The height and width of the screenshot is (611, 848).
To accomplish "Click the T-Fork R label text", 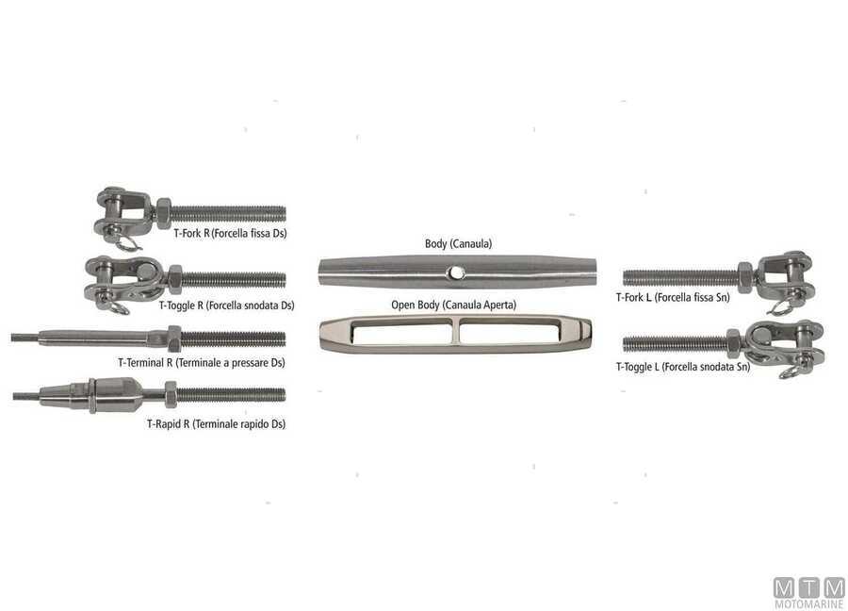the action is pyautogui.click(x=231, y=233).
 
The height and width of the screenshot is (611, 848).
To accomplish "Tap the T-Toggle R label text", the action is pyautogui.click(x=226, y=305).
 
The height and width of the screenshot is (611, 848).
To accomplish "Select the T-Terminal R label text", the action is pyautogui.click(x=202, y=363).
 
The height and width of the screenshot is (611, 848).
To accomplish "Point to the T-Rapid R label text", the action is pyautogui.click(x=216, y=423).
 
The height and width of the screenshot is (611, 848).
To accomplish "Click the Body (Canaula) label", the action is pyautogui.click(x=458, y=243).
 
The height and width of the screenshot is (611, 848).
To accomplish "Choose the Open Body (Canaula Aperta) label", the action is pyautogui.click(x=454, y=305).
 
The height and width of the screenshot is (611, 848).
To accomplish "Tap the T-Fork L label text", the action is pyautogui.click(x=673, y=297).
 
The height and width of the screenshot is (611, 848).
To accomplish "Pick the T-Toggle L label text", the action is pyautogui.click(x=683, y=367).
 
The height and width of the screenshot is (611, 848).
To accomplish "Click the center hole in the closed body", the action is pyautogui.click(x=457, y=272).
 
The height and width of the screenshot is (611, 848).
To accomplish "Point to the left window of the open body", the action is pyautogui.click(x=401, y=331).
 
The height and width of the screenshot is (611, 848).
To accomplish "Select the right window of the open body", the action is pyautogui.click(x=510, y=331).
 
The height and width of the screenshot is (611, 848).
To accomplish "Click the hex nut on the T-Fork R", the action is pyautogui.click(x=163, y=213).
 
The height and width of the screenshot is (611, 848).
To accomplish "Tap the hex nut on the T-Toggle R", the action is pyautogui.click(x=174, y=279).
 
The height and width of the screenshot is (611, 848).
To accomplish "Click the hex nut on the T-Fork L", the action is pyautogui.click(x=744, y=277).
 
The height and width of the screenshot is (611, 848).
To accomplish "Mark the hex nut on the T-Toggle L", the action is pyautogui.click(x=734, y=343).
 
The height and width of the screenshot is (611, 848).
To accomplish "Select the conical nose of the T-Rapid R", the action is pyautogui.click(x=64, y=395).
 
